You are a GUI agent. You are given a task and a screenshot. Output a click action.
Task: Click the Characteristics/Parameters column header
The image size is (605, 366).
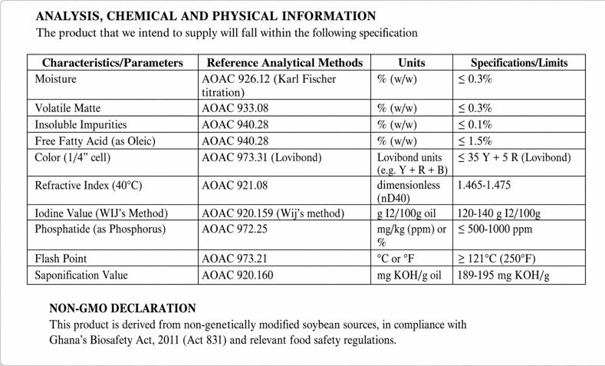pyautogui.click(x=112, y=62)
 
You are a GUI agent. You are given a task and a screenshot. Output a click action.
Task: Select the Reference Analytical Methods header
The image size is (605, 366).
pyautogui.click(x=284, y=62)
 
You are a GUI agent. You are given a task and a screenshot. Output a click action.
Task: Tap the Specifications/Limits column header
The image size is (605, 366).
pyautogui.click(x=518, y=62)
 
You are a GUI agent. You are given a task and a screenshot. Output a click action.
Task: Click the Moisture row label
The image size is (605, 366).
pyautogui.click(x=56, y=78)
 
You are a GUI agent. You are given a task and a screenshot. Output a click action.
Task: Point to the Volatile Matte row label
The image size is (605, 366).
pyautogui.click(x=67, y=108)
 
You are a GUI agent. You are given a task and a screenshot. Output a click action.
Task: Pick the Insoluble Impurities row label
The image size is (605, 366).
pyautogui.click(x=81, y=124)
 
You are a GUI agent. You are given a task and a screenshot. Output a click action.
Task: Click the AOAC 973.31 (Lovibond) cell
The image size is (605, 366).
pyautogui.click(x=261, y=157)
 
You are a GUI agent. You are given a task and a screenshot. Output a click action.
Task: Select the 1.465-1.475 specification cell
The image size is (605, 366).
pyautogui.click(x=485, y=185)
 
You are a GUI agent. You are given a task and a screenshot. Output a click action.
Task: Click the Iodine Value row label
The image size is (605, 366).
pyautogui.click(x=101, y=213)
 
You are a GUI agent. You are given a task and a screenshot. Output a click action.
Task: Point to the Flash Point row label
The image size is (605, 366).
pyautogui.click(x=61, y=259)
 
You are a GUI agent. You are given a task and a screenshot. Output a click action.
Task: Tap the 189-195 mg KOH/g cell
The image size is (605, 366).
pyautogui.click(x=501, y=275)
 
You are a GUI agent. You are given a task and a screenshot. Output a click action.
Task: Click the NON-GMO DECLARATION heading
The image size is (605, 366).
pyautogui.click(x=122, y=308)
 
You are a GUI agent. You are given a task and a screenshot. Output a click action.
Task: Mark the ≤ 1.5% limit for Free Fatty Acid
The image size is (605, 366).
pyautogui.click(x=474, y=140)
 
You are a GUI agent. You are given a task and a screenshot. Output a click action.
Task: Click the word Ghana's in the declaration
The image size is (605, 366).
pyautogui.click(x=71, y=339)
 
